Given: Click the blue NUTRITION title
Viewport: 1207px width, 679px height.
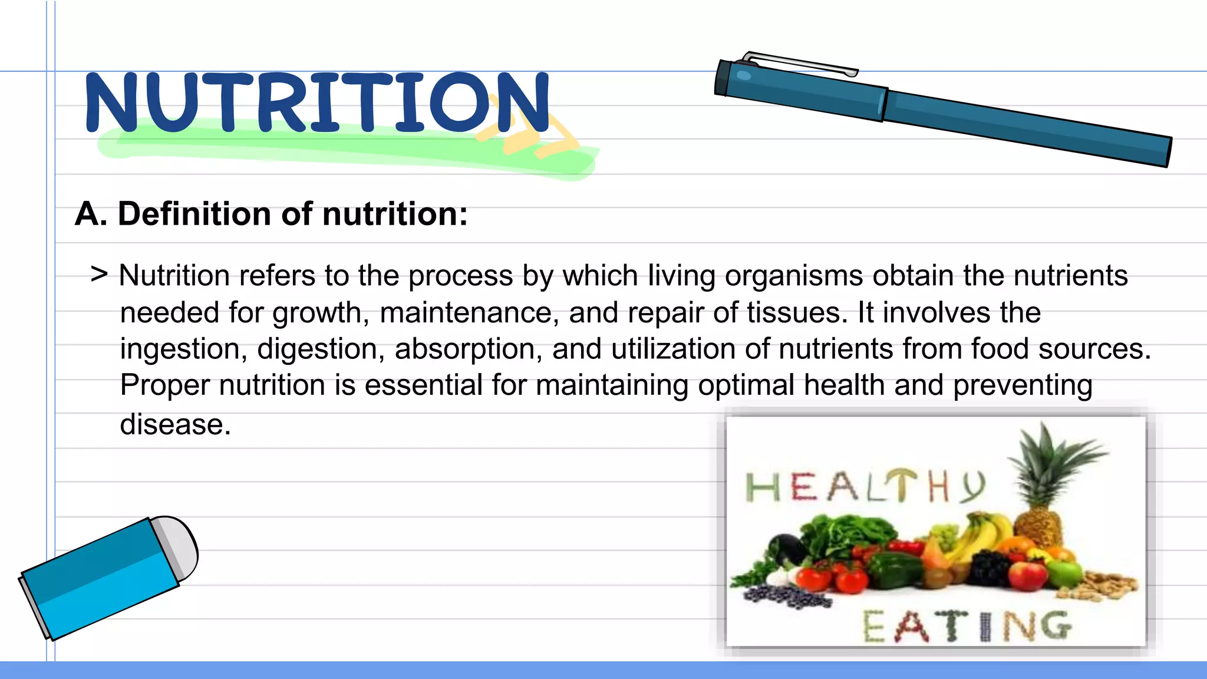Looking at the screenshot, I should pyautogui.click(x=317, y=102).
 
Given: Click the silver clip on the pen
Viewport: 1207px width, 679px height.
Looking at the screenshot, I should pyautogui.click(x=802, y=63).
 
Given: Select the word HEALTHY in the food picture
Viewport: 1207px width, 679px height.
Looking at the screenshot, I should pyautogui.click(x=865, y=487).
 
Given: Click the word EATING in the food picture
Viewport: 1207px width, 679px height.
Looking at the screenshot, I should pyautogui.click(x=967, y=626).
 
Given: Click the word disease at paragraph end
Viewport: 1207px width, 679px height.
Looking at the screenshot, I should pyautogui.click(x=174, y=424).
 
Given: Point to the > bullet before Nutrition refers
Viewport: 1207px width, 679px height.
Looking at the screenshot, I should pyautogui.click(x=99, y=274).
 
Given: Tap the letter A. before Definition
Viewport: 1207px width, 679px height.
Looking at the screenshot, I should pyautogui.click(x=91, y=213).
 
